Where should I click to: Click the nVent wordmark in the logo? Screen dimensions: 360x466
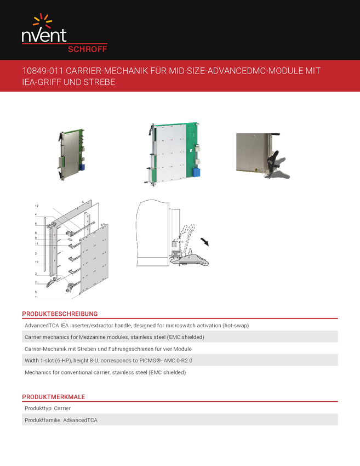coord(44,36)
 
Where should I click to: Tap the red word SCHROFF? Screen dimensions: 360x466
coord(87,48)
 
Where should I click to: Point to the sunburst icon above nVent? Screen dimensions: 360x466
coord(43,21)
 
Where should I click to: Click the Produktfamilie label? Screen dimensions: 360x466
coord(42,420)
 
